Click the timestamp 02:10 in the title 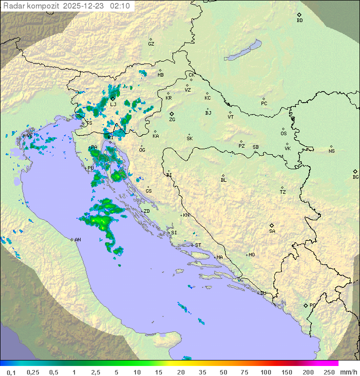[x=121, y=6]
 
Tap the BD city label [x=299, y=21]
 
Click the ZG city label [x=172, y=120]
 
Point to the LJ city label [x=113, y=105]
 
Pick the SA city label [x=272, y=231]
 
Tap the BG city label [x=355, y=177]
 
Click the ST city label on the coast [x=198, y=245]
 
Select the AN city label [x=77, y=240]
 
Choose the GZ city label [x=151, y=44]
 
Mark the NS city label [x=331, y=151]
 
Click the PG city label [x=312, y=305]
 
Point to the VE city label [x=29, y=136]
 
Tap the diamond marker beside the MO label [x=247, y=255]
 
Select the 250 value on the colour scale [x=329, y=372]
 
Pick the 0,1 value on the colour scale [x=11, y=372]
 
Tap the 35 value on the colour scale [x=202, y=372]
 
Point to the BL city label [x=223, y=180]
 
